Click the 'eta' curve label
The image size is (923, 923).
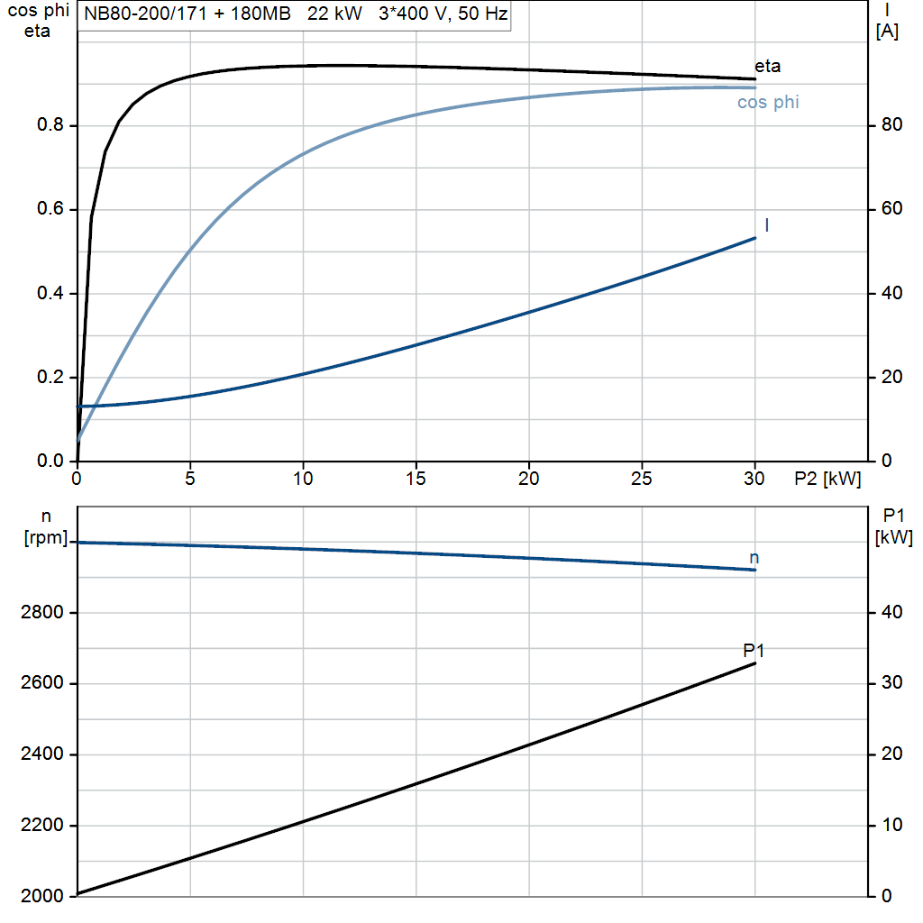click(767, 66)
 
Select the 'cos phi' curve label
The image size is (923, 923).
click(768, 103)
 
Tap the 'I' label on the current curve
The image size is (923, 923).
click(766, 225)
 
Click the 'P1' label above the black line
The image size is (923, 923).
click(754, 650)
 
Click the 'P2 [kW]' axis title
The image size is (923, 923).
click(827, 480)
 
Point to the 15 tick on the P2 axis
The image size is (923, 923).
click(416, 478)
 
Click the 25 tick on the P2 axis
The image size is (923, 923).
click(642, 478)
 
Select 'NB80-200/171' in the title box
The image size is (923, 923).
click(135, 15)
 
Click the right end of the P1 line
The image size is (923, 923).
click(755, 663)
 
